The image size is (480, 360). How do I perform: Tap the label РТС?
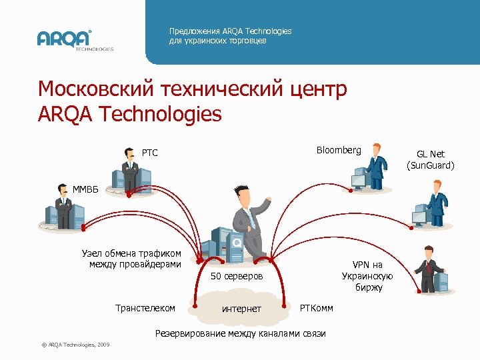(149, 153)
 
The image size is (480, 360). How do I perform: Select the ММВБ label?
(85, 189)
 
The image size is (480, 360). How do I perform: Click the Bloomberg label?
(339, 150)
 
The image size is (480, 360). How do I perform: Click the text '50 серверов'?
(237, 276)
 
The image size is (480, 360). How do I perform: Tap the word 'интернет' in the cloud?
(241, 309)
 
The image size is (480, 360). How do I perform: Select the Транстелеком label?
(145, 308)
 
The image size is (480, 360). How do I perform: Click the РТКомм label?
(317, 307)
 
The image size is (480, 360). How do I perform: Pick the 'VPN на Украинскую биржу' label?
(367, 276)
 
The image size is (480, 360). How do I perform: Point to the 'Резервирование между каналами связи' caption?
(240, 333)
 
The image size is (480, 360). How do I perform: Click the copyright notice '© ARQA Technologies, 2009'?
(75, 344)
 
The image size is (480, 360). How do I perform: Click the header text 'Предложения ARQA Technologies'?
(230, 31)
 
